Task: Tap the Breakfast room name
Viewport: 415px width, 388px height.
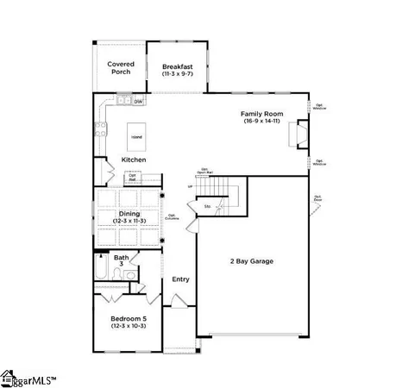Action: tap(177, 66)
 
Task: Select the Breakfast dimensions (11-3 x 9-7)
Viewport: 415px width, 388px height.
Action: tap(177, 75)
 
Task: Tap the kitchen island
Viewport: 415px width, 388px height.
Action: tap(136, 137)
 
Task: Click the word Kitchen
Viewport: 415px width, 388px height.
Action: tap(134, 160)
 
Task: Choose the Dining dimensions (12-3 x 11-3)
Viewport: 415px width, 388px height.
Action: tap(129, 222)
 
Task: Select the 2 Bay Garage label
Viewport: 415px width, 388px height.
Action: tap(252, 260)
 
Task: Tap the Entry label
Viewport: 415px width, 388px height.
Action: tap(180, 278)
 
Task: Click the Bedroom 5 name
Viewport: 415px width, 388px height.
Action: tap(129, 318)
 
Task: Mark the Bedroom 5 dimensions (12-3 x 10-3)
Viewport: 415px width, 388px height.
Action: tap(129, 326)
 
